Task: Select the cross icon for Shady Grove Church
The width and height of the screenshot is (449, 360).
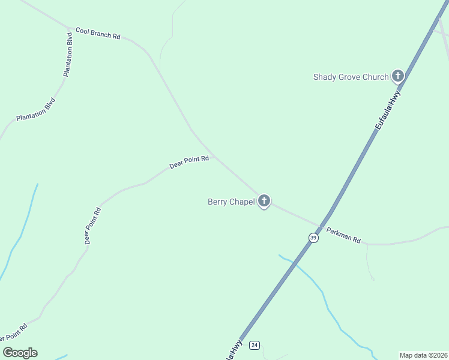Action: (397, 76)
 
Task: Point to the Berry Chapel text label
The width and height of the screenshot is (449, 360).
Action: (227, 202)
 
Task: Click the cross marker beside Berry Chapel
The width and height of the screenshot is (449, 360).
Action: (264, 201)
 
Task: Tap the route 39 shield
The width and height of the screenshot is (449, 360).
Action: (313, 238)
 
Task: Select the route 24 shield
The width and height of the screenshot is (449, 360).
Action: (255, 345)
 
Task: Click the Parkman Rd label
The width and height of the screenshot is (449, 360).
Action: (343, 235)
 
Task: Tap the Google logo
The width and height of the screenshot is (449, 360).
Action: (20, 353)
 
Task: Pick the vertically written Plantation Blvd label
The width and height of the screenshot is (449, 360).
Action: (68, 53)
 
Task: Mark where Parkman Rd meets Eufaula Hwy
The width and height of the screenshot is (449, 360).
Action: (324, 222)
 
